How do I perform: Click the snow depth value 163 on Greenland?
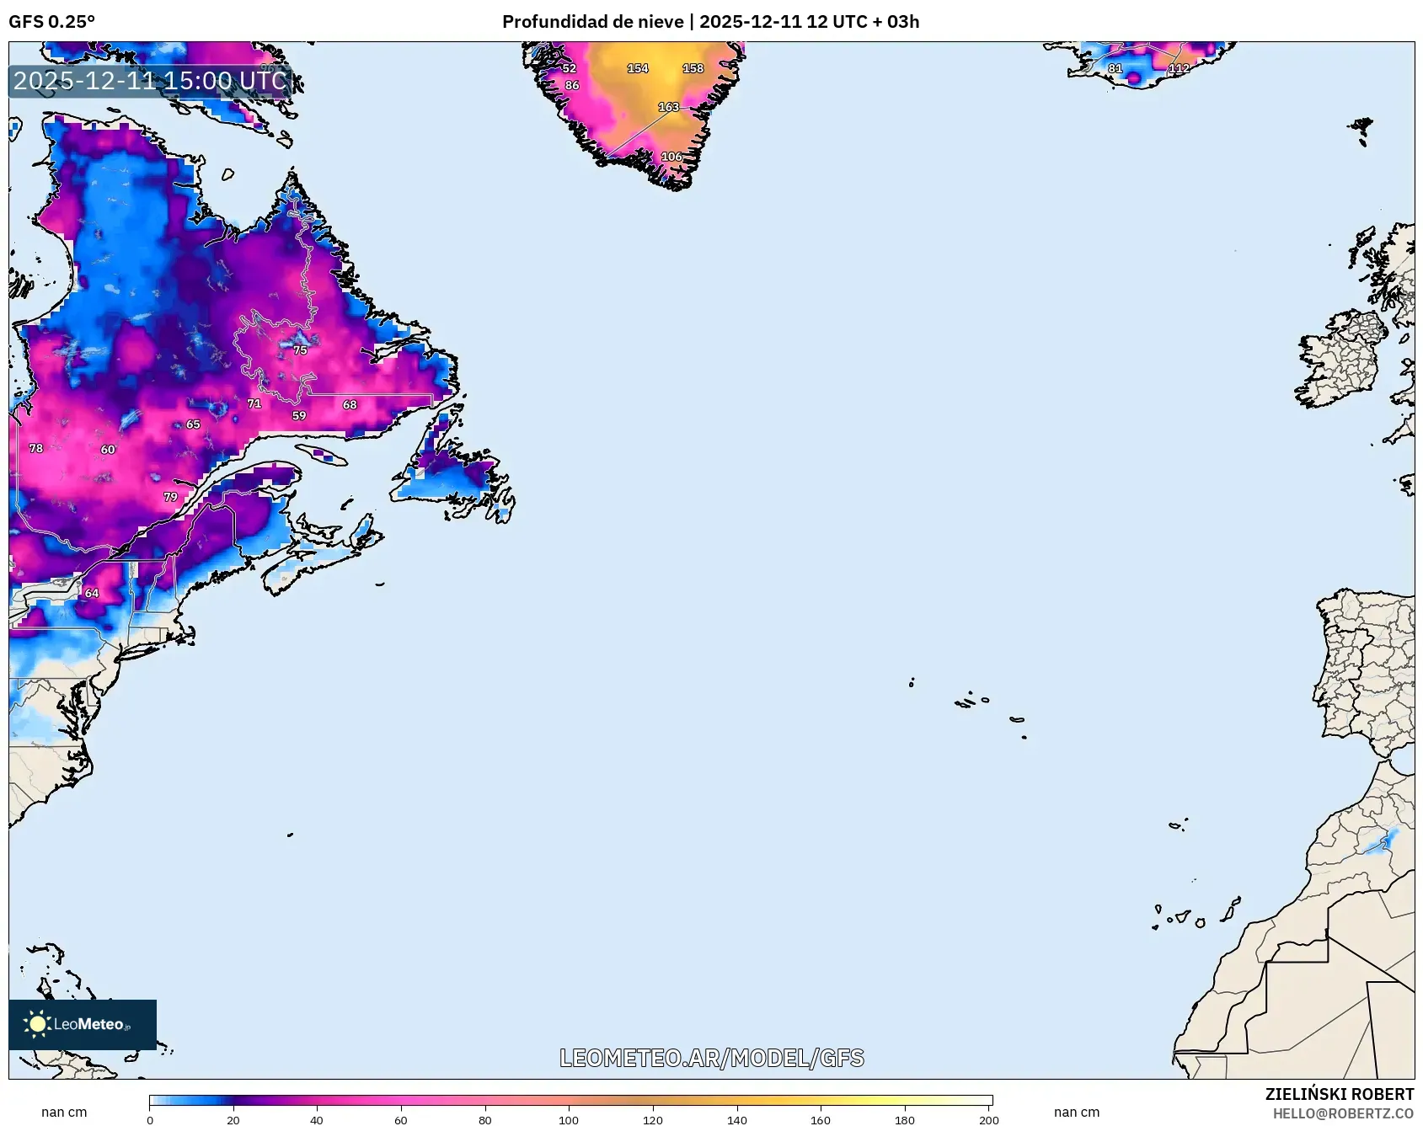668,107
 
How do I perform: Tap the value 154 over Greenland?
638,68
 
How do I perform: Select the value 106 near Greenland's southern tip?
671,157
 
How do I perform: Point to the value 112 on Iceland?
1179,68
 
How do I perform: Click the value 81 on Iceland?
1115,68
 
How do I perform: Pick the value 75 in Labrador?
300,350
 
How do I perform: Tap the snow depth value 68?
350,404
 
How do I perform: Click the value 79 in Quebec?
171,497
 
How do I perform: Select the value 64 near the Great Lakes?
92,593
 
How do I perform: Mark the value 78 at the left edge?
36,448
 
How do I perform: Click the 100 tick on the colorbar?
569,1119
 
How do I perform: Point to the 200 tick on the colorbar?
989,1119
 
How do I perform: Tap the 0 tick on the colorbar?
150,1119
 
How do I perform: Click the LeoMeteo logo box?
83,1024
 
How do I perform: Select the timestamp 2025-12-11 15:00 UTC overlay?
150,81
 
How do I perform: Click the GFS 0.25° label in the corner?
52,22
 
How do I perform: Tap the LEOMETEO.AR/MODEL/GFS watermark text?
711,1058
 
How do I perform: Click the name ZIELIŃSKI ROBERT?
1339,1094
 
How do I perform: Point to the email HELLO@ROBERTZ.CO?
1343,1113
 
